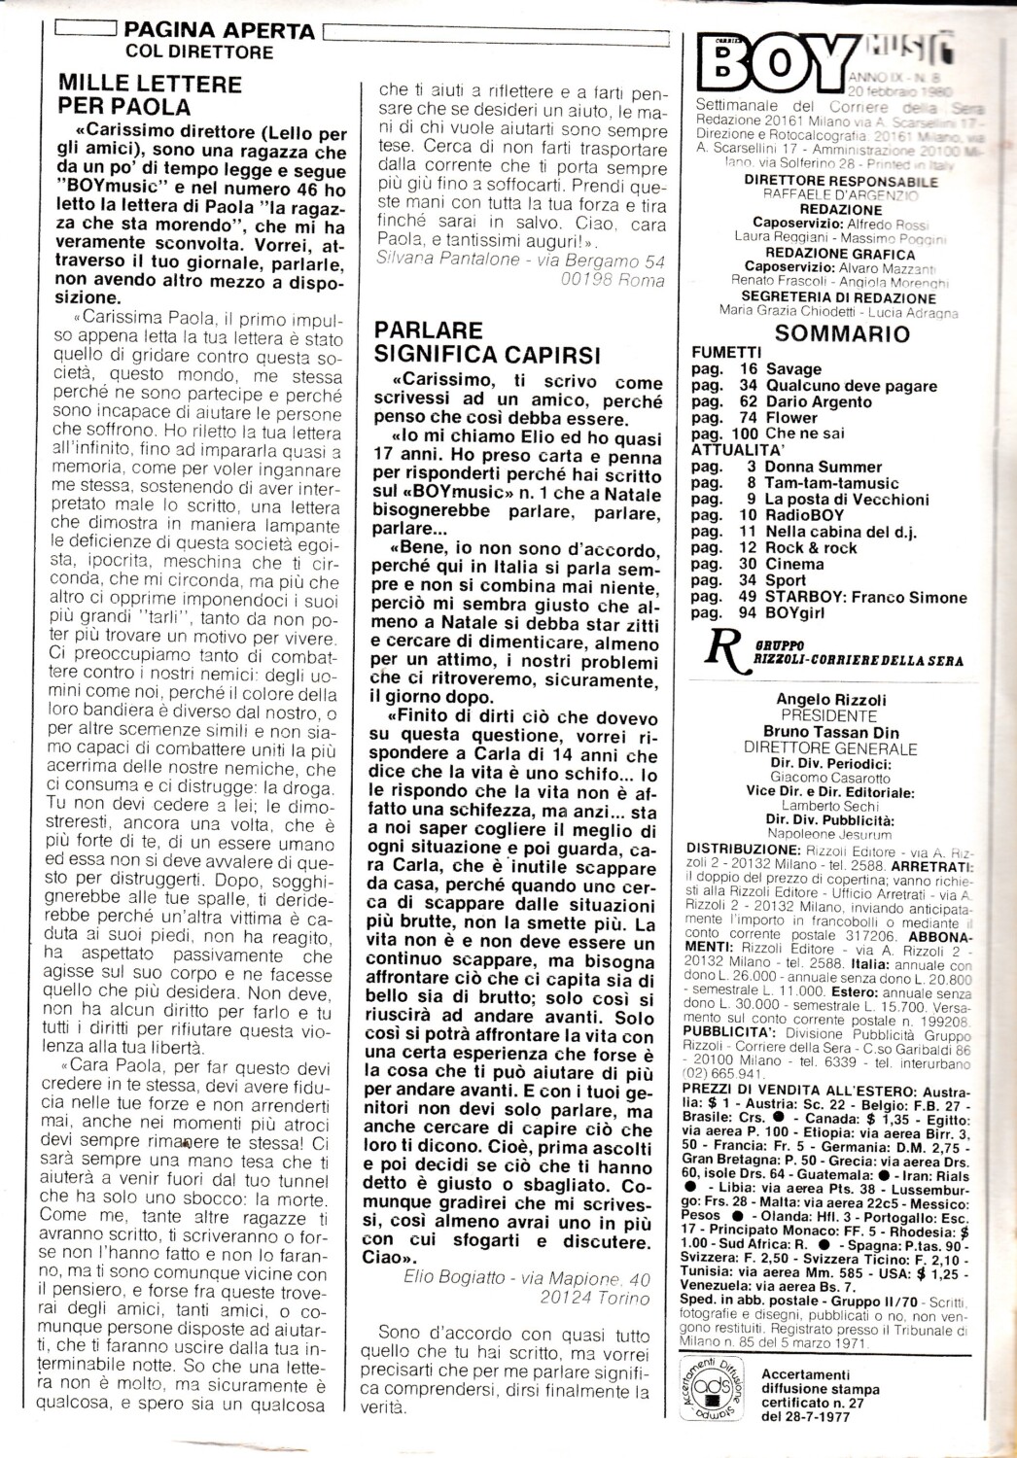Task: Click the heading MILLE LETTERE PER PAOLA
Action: tap(151, 94)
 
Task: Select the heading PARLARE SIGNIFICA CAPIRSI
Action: tap(488, 342)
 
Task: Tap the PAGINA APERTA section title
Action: tap(221, 31)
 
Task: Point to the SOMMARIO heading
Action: tap(842, 334)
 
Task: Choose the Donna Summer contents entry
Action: tap(824, 467)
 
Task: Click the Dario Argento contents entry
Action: tap(819, 401)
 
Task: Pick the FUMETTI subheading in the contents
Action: tap(726, 352)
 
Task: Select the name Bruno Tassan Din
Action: tap(829, 732)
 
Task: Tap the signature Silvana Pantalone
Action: tap(449, 260)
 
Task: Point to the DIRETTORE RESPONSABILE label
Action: tap(840, 181)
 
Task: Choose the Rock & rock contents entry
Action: tap(811, 547)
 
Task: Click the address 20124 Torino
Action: tap(595, 1298)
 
